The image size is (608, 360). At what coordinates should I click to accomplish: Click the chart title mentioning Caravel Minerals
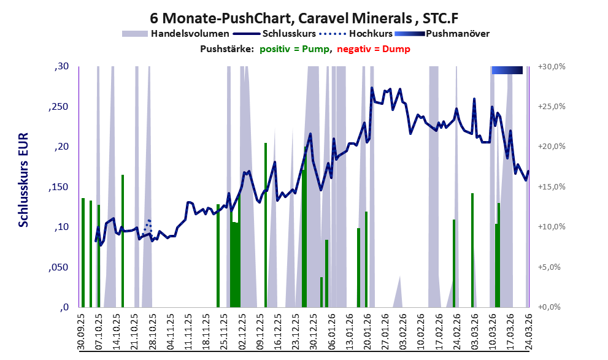pos(304,18)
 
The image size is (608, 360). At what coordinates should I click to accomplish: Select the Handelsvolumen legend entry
pos(190,33)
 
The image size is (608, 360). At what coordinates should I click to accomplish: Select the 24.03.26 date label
pos(528,331)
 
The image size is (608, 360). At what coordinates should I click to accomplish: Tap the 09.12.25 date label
pos(260,331)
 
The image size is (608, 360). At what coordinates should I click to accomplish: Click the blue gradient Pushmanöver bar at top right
pos(507,71)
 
